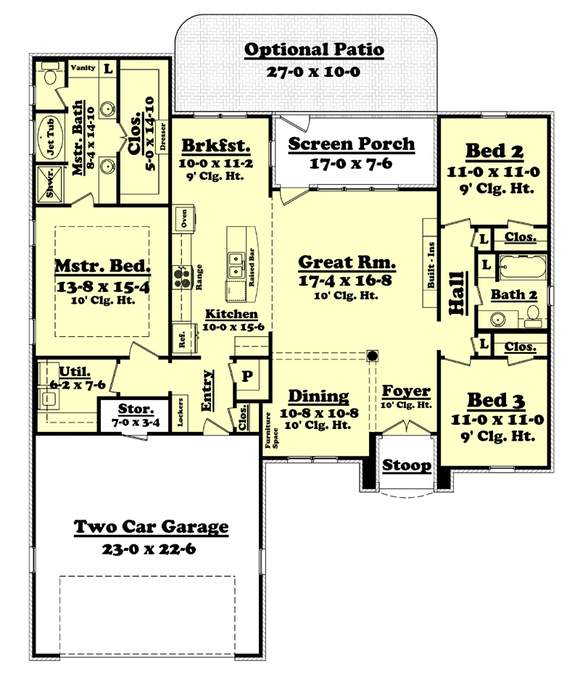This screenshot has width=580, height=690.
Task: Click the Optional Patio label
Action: click(x=313, y=50)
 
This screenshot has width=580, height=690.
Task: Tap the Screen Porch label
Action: click(x=352, y=144)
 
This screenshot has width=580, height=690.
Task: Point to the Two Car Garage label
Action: click(x=151, y=527)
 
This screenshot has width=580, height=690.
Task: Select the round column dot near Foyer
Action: click(x=373, y=356)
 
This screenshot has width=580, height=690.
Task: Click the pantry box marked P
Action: click(x=246, y=376)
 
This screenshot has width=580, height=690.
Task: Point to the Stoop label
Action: click(x=406, y=465)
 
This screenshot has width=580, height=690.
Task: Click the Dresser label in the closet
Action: click(x=162, y=138)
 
